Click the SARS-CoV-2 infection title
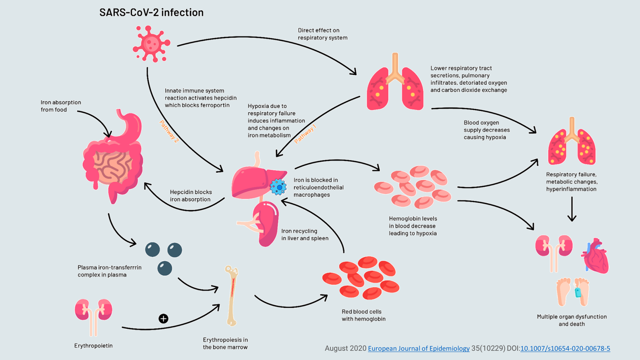tap(151, 12)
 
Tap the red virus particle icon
tap(151, 43)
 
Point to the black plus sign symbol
tap(163, 318)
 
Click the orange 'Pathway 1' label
tap(305, 134)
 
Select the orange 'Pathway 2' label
tap(169, 131)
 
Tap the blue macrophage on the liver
tap(278, 187)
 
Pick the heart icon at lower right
tap(596, 256)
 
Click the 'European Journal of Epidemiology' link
tap(418, 348)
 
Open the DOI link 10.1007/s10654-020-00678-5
tap(565, 348)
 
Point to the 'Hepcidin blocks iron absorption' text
tap(191, 196)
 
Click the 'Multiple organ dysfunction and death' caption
tap(572, 320)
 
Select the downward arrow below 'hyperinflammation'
tap(572, 209)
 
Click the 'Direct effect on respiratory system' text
tap(322, 34)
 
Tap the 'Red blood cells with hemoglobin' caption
tap(363, 315)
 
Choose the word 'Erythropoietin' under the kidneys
tap(93, 346)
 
